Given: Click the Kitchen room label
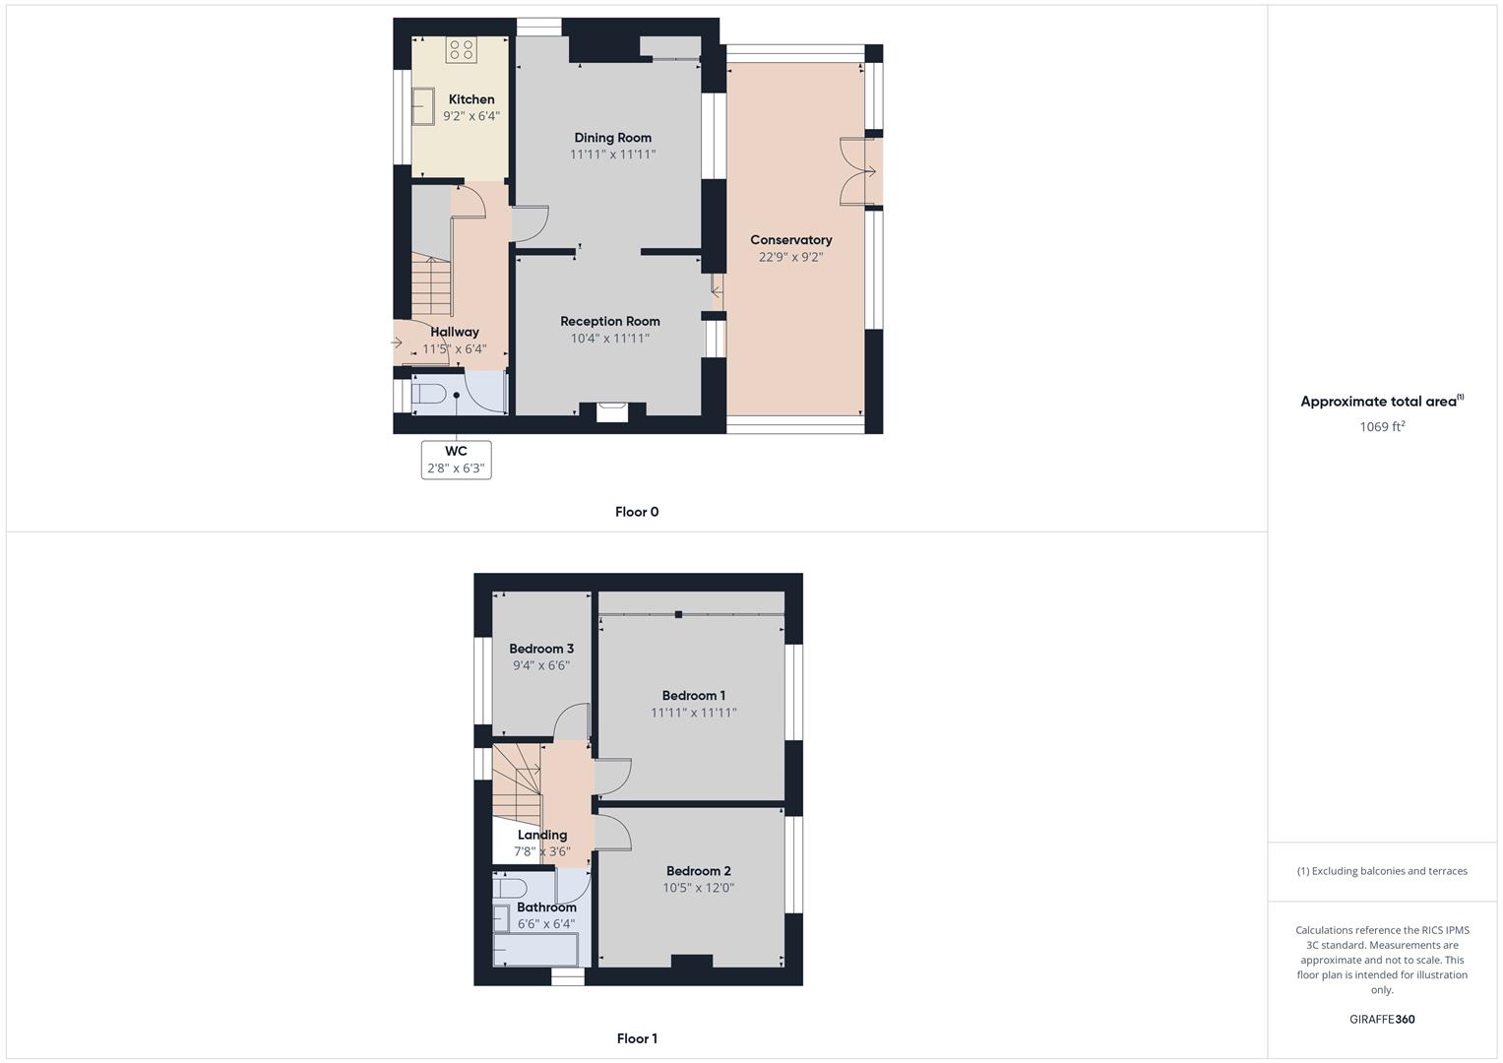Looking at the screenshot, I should pos(471,99).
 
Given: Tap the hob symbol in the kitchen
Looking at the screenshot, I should pos(461,48).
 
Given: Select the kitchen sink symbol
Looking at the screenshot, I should pos(423,106).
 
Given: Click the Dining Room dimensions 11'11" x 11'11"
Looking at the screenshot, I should pos(612,155).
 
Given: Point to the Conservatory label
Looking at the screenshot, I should pos(790,240).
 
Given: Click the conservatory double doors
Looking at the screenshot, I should pos(858,172).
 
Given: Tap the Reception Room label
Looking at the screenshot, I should pos(609,321).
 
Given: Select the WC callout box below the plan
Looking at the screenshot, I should pos(456,460).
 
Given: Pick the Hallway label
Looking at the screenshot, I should pos(454,332).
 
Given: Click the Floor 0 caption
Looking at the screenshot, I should pos(637,512).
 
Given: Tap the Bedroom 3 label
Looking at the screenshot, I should pos(541,649).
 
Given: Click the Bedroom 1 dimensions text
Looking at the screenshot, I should pos(693,713).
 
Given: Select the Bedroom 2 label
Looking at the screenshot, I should pos(698,871).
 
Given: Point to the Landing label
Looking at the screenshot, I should pos(542,835).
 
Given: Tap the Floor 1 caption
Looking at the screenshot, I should pos(637,1038).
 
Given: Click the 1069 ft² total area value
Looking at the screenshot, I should pos(1382,427).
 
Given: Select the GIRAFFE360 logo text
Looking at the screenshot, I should pos(1381,1020).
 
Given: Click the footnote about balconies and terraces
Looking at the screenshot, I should pos(1382,871).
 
